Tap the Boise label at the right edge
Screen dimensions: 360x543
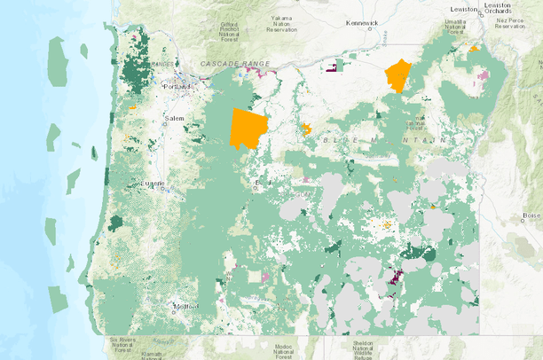pos(531,215)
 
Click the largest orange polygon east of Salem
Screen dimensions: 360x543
pos(248,129)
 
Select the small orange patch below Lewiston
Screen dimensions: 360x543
pos(476,49)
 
